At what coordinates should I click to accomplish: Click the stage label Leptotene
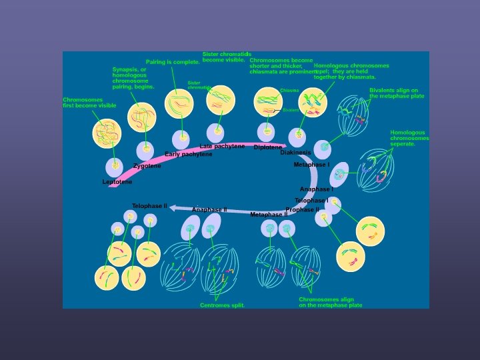[117, 182]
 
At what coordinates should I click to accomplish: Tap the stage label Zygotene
[147, 166]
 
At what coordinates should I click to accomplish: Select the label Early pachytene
[189, 154]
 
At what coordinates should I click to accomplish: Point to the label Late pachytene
[222, 146]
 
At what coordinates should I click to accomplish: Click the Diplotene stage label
[267, 147]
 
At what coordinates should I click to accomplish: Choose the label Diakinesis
[295, 153]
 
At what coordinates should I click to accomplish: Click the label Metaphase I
[311, 165]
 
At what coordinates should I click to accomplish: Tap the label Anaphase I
[316, 189]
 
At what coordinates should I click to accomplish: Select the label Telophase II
[149, 206]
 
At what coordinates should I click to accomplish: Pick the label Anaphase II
[209, 210]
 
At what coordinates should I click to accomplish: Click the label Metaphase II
[269, 215]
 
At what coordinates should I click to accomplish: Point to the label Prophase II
[302, 210]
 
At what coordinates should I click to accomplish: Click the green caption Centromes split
[222, 305]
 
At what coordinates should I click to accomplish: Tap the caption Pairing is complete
[173, 62]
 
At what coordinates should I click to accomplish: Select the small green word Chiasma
[289, 90]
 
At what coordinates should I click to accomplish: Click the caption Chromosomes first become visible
[89, 103]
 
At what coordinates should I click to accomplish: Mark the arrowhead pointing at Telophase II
[173, 208]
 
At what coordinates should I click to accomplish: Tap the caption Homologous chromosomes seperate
[409, 138]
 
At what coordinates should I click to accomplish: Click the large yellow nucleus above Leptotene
[107, 132]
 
